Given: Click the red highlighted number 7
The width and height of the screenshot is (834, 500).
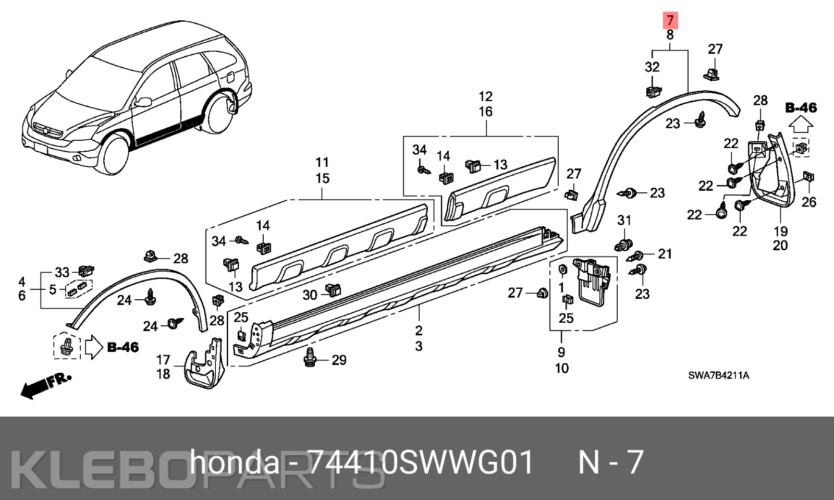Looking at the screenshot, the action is (670, 20).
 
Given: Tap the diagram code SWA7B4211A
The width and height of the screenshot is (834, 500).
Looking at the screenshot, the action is (719, 375).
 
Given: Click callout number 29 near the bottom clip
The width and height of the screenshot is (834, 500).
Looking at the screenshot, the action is (339, 360).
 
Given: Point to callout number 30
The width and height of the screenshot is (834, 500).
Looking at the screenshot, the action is (310, 295).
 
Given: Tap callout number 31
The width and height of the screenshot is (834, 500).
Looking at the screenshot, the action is (624, 221).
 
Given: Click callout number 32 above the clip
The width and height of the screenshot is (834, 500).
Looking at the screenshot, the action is (652, 67).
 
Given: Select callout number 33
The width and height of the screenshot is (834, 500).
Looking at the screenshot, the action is (62, 273).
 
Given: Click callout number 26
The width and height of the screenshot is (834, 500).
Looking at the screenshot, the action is (808, 202).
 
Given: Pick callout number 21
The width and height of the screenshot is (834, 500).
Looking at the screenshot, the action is (665, 254).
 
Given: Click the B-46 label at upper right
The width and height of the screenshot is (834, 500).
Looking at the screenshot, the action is (801, 108).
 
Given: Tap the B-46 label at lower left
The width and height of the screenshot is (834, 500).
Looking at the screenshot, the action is (123, 347).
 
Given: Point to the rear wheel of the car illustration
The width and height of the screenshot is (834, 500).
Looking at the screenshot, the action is (219, 114).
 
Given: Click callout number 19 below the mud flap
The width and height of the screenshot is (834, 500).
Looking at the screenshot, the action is (781, 231).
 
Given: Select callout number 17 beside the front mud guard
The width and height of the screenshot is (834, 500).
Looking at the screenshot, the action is (163, 360).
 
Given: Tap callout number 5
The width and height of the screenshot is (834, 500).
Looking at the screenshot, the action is (53, 289).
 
